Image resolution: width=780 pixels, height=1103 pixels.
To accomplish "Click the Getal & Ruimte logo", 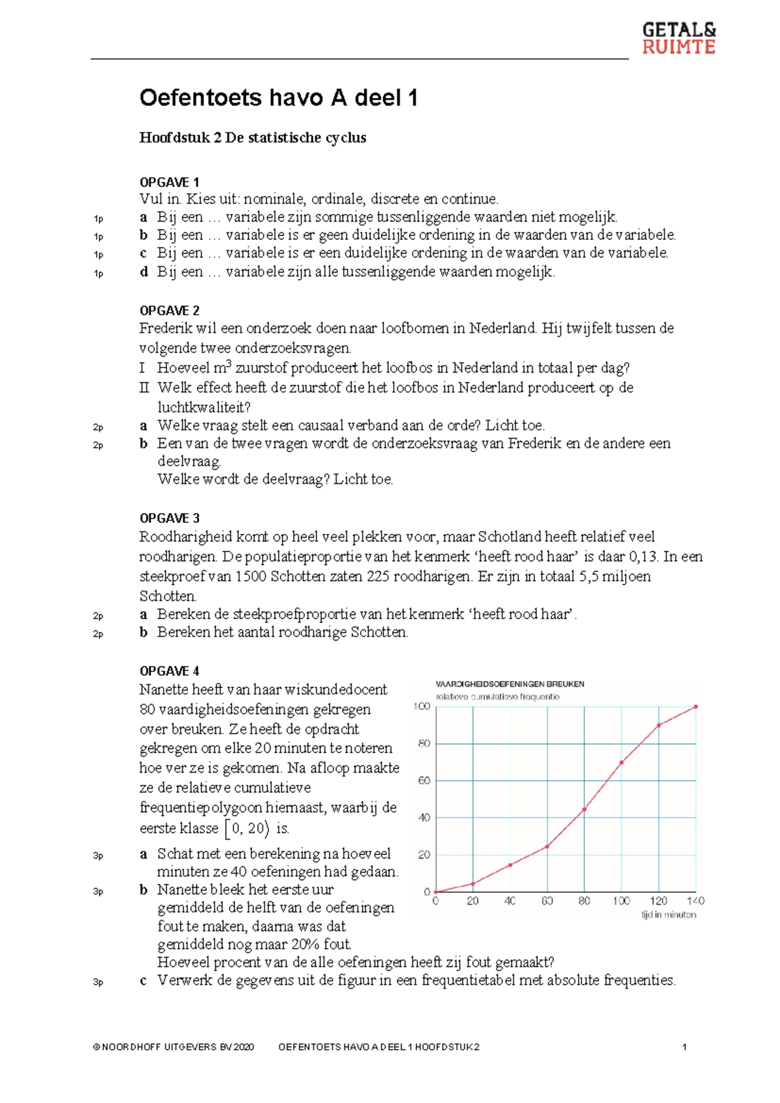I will [x=679, y=38].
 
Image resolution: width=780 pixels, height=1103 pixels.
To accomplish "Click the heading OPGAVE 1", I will [x=169, y=182].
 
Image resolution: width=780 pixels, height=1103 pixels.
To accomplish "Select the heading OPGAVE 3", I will [x=169, y=518].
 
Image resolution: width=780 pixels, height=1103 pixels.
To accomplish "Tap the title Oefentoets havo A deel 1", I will [x=278, y=98].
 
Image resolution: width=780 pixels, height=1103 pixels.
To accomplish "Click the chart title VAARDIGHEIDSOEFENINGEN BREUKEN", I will [x=510, y=684].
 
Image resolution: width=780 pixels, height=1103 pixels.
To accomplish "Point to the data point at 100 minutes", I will [x=621, y=762].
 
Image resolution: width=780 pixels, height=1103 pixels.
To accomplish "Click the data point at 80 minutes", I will [x=584, y=809].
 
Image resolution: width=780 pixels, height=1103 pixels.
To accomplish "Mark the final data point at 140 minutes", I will [x=695, y=706].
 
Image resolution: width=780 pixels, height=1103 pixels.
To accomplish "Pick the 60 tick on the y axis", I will [x=424, y=780].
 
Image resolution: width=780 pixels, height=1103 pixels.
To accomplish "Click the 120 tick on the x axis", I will [x=658, y=901].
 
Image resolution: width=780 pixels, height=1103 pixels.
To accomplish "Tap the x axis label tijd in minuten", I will [x=668, y=914].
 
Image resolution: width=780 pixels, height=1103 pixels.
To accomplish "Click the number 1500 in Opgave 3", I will [x=251, y=576].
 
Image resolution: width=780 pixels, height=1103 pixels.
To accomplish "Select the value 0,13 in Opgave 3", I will [x=643, y=557].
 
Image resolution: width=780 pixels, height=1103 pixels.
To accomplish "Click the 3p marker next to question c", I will [x=98, y=982].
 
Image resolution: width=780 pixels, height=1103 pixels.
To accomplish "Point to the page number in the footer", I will [x=684, y=1047].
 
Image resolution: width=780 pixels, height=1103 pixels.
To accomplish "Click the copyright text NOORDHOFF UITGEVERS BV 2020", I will [x=174, y=1047].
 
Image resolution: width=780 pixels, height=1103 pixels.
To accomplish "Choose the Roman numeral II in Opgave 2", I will [x=144, y=388].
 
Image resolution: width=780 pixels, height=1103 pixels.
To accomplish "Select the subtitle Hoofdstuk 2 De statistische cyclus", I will [x=252, y=138].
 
